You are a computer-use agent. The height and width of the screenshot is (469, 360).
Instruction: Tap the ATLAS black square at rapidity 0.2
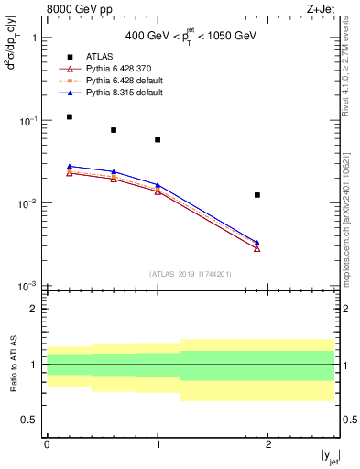click(70, 117)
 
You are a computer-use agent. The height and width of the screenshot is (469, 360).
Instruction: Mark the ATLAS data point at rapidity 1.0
click(158, 140)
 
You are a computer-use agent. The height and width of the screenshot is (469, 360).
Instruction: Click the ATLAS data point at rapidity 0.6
click(114, 130)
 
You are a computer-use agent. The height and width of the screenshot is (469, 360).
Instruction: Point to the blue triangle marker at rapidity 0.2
click(70, 166)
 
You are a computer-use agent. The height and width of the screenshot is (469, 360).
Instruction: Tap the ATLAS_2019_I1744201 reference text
click(191, 274)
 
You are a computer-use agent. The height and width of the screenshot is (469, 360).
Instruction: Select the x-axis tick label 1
click(158, 444)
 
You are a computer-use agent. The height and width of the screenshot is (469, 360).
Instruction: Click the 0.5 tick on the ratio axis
click(31, 420)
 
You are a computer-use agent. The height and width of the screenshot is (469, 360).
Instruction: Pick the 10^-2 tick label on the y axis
click(27, 203)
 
